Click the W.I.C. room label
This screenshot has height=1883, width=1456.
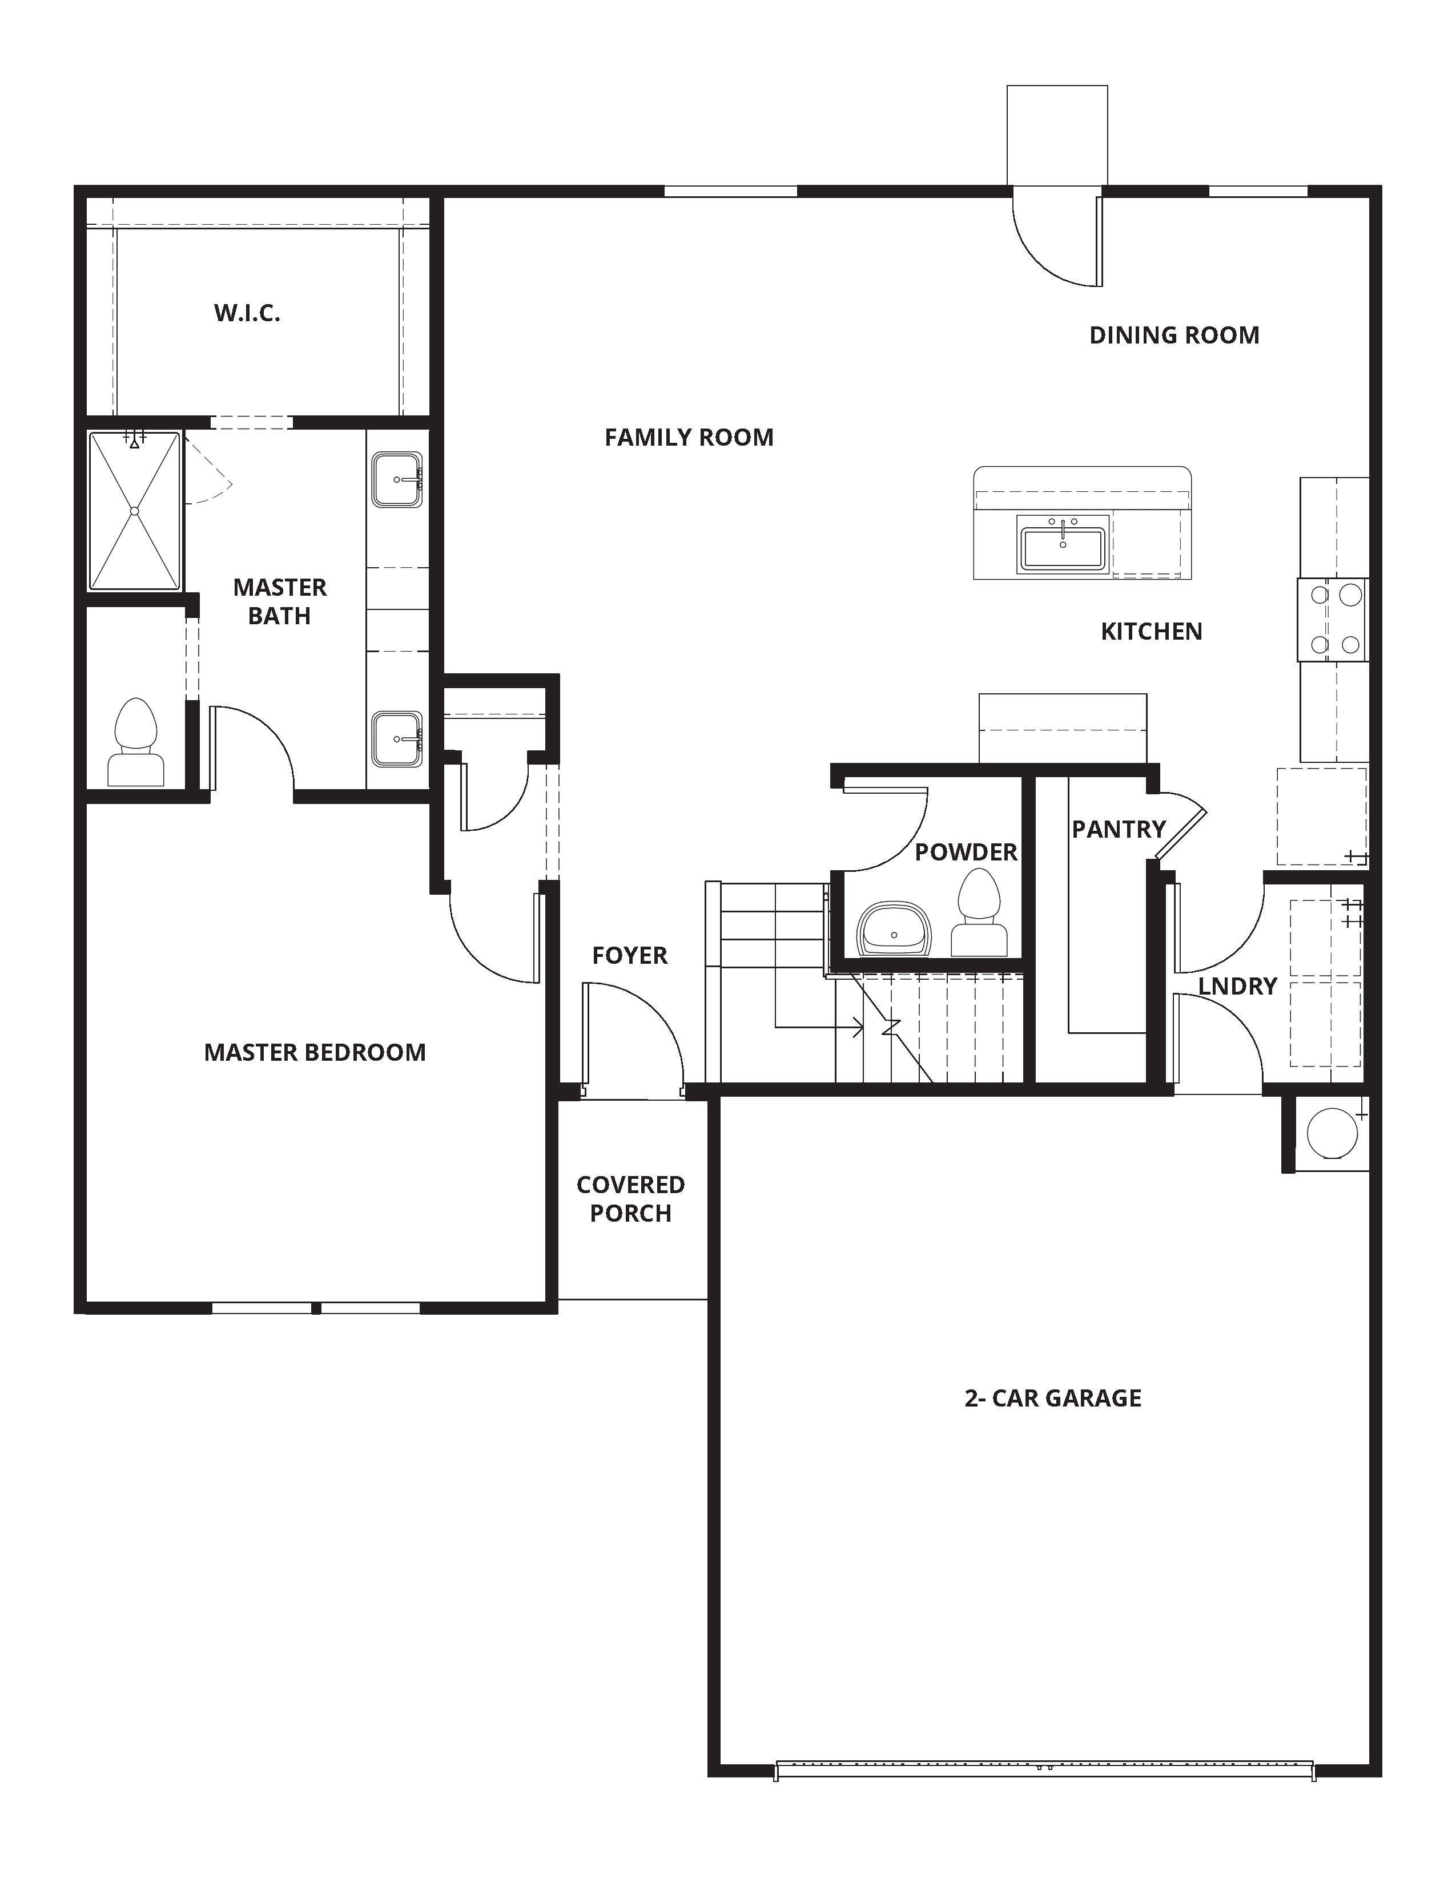tap(248, 313)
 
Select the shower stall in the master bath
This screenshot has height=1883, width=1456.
tap(135, 511)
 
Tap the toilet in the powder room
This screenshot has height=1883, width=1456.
tap(980, 914)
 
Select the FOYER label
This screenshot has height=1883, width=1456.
tap(630, 955)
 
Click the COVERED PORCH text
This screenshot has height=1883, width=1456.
tap(630, 1199)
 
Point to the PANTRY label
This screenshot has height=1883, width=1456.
tap(1119, 830)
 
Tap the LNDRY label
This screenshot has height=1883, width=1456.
tap(1237, 987)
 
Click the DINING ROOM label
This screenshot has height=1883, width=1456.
tap(1174, 336)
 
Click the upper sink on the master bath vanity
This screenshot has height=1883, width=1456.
tap(397, 479)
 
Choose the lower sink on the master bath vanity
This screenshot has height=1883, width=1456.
tap(397, 739)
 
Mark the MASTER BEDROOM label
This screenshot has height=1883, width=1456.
tap(315, 1053)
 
